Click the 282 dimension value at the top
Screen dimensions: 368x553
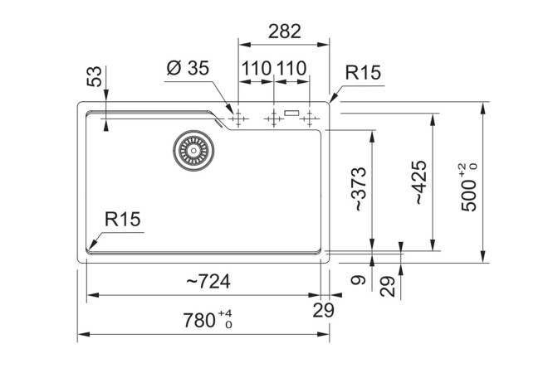284,31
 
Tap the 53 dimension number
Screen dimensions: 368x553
96,77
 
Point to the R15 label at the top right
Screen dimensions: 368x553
362,74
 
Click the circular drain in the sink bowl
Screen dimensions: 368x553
193,149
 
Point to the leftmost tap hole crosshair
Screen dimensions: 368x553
238,119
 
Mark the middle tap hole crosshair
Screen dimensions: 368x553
273,119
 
